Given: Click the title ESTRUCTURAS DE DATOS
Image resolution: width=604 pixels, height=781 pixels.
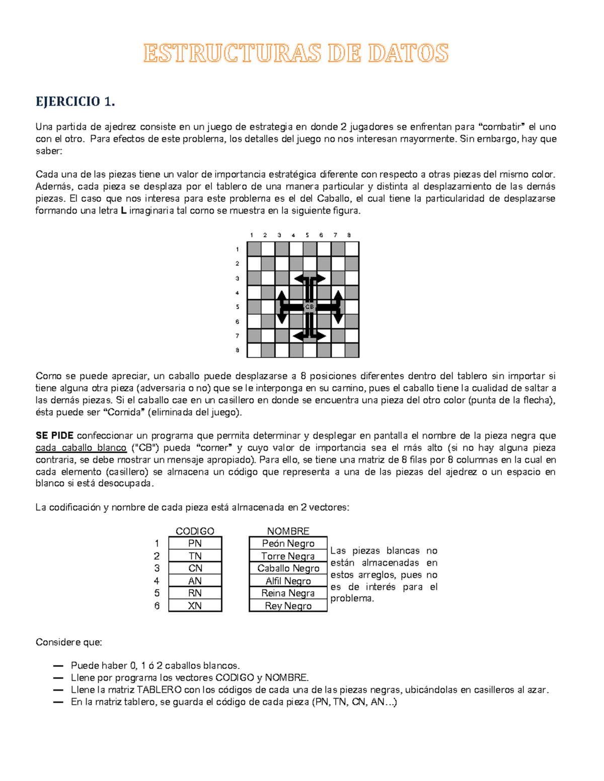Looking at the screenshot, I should click(x=296, y=53).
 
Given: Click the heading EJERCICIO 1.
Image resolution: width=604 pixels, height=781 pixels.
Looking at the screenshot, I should click(x=75, y=102).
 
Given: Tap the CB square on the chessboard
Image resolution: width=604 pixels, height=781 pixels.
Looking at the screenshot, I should click(x=309, y=307).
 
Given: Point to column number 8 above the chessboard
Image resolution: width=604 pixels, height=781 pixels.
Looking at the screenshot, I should click(x=349, y=235).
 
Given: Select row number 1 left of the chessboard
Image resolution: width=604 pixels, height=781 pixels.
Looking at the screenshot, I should click(x=238, y=249).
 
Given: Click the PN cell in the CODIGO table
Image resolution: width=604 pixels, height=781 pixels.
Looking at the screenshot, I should click(x=195, y=543).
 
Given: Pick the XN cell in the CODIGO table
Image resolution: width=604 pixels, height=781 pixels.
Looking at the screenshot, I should click(x=195, y=605).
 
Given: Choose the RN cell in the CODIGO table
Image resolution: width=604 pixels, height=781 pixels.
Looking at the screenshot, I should click(x=195, y=593).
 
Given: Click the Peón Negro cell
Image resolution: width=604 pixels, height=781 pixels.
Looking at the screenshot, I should click(x=288, y=543).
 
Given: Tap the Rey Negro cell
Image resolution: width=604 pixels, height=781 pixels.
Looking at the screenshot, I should click(x=288, y=605).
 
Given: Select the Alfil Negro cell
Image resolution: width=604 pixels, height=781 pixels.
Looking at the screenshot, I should click(x=288, y=581).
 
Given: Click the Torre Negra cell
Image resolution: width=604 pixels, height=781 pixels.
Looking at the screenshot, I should click(x=288, y=556).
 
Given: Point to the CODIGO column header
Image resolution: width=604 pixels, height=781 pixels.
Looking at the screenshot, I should click(x=195, y=531).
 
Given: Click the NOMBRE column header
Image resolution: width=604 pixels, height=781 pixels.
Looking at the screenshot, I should click(x=288, y=531).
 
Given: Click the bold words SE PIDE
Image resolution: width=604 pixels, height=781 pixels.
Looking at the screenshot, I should click(x=54, y=436).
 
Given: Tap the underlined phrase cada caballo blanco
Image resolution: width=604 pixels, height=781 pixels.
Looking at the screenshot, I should click(x=81, y=448).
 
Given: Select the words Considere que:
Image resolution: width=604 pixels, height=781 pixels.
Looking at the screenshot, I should click(x=68, y=642).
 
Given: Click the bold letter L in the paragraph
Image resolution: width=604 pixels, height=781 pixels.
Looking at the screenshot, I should click(x=124, y=211).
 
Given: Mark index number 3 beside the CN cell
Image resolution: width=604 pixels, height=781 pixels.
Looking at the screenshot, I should click(x=157, y=568).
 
